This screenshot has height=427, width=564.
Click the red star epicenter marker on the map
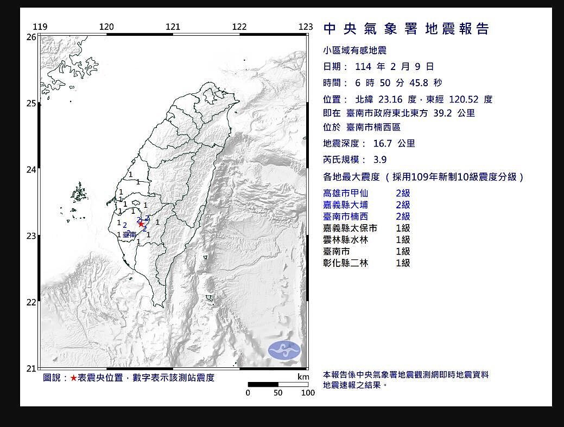(x=141, y=224)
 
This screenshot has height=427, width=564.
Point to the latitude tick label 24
(x=31, y=170)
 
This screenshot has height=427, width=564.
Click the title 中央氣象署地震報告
(x=406, y=29)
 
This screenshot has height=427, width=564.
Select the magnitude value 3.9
(x=380, y=160)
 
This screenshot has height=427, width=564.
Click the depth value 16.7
(x=380, y=144)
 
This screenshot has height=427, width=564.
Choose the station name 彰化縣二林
(x=345, y=263)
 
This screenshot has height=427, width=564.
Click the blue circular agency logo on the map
(x=284, y=350)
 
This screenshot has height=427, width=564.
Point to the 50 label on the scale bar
(x=278, y=393)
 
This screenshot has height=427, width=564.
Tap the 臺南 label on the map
(x=129, y=234)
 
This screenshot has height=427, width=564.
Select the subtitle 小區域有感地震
(x=354, y=50)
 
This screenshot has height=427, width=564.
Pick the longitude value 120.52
(x=462, y=99)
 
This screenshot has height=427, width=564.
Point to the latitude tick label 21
(x=31, y=368)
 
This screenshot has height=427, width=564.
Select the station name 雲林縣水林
(x=345, y=240)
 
